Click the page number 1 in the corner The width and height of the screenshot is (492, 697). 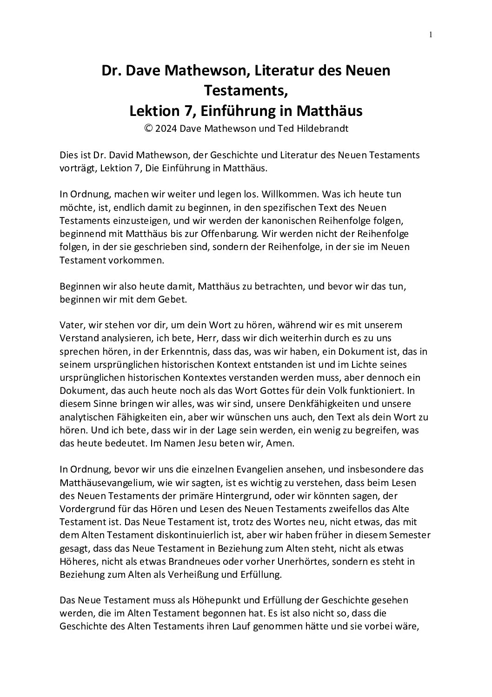[x=431, y=34]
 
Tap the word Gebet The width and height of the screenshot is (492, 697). [x=174, y=299]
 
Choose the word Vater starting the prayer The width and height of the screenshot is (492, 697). [x=71, y=325]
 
